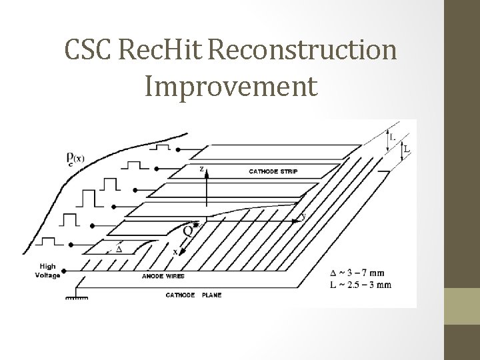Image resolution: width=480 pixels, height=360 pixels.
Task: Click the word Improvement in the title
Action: click(230, 86)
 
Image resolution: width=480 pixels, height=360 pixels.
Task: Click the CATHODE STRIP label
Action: click(273, 172)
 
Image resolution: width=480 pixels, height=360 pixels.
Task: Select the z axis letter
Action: click(201, 169)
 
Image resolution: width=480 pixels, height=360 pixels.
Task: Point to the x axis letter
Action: click(175, 251)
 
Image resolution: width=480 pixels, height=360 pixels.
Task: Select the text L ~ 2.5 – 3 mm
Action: click(361, 284)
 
